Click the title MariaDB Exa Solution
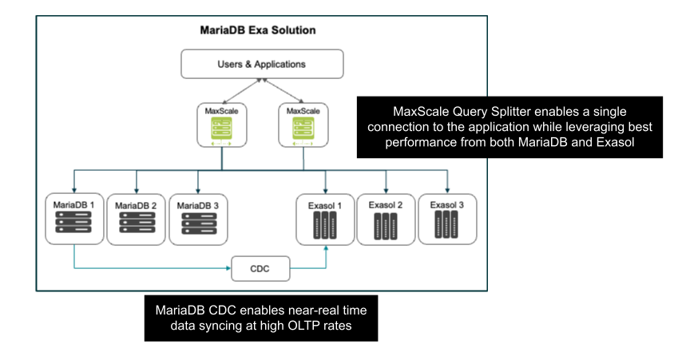[x=257, y=30]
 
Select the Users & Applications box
[x=262, y=63]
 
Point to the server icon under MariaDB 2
[x=137, y=224]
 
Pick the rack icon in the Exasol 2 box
[x=387, y=228]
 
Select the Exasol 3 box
[x=448, y=218]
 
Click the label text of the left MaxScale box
[x=221, y=111]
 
